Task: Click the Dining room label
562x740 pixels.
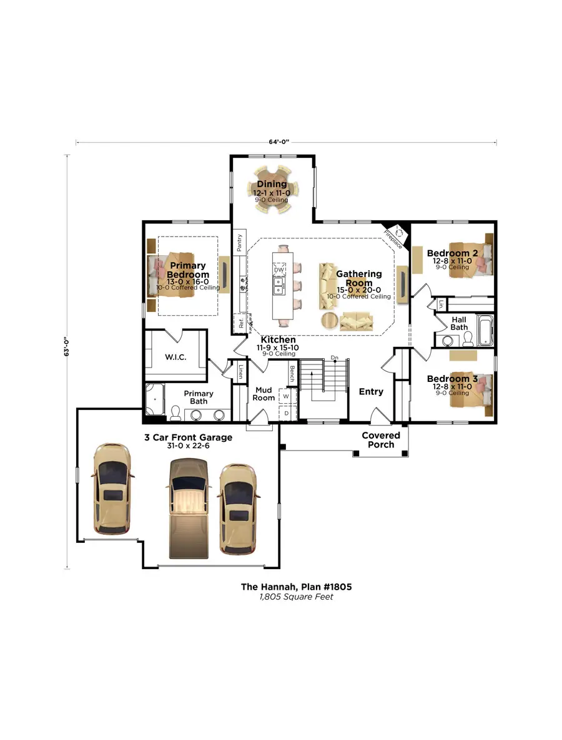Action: tap(272, 184)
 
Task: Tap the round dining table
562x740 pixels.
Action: tap(272, 189)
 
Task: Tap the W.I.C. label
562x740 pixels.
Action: tap(176, 358)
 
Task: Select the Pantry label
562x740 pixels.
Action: tap(239, 243)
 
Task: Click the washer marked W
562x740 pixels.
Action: tap(286, 396)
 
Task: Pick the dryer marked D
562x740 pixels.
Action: tap(286, 412)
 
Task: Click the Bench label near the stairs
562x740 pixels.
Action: tap(292, 374)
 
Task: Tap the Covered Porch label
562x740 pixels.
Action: tap(381, 440)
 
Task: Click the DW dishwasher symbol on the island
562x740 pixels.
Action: tap(279, 269)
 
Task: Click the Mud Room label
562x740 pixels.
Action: tap(264, 394)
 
